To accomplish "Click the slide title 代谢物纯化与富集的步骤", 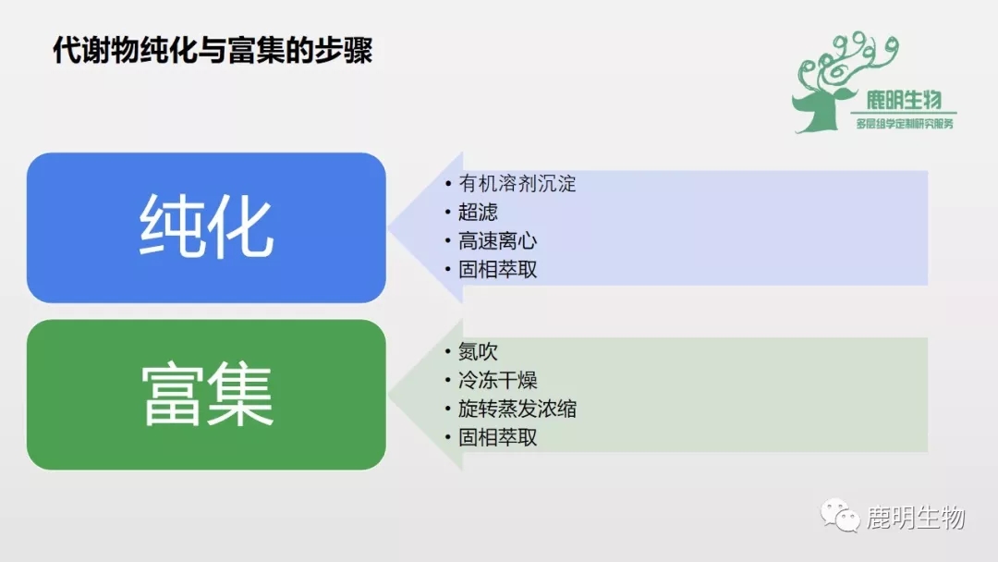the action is coord(213,50).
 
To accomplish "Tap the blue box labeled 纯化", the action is coord(206,227).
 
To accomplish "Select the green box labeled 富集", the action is coord(206,395).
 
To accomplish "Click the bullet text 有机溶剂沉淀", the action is coord(517,183).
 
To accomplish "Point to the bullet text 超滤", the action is coord(478,212).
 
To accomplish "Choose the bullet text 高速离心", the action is coord(498,240).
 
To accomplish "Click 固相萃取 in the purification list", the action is coord(498,269).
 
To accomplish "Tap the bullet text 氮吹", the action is coord(478,350).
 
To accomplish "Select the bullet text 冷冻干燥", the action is coord(498,380).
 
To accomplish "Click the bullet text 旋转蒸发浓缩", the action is coord(517,409).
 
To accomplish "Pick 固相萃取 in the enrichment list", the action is coord(498,437).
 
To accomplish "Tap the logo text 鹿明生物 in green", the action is coord(904,100).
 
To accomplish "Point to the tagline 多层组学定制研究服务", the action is coord(905,124).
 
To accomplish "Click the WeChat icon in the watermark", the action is coord(839,516).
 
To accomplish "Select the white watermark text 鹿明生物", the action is coord(916,517).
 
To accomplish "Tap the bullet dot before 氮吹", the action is coord(448,351).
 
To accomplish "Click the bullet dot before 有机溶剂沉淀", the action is coord(448,184).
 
